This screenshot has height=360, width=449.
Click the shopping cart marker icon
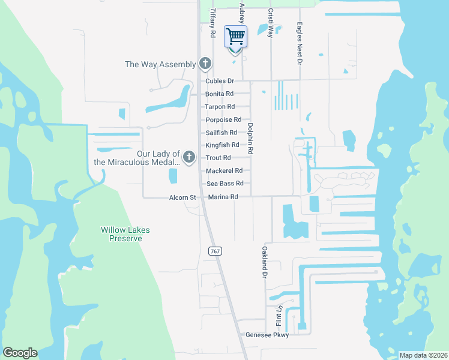[x=236, y=37]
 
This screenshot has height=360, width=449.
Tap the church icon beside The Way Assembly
[x=205, y=64]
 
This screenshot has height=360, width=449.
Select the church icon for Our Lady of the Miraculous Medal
[x=189, y=157]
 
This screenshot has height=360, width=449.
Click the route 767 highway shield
[x=215, y=251]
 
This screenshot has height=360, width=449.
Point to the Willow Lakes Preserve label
[x=125, y=234]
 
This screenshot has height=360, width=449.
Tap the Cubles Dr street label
[x=219, y=81]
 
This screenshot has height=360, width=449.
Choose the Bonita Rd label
[x=219, y=94]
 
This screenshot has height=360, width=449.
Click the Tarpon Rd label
[x=219, y=107]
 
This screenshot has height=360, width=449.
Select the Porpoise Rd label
[x=223, y=120]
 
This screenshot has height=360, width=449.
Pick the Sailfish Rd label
[x=221, y=133]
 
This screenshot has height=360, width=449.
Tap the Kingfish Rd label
[x=222, y=145]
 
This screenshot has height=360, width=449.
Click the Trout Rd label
[x=218, y=158]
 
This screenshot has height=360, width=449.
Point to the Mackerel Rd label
[x=224, y=170]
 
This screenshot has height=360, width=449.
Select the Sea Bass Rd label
[x=224, y=184]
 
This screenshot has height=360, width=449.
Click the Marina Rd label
[x=223, y=197]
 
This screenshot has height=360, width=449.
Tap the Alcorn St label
[x=182, y=197]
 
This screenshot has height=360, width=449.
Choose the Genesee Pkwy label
[x=264, y=335]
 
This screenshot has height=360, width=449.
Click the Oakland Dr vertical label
[x=263, y=262]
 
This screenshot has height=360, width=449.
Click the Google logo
[x=20, y=353]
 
